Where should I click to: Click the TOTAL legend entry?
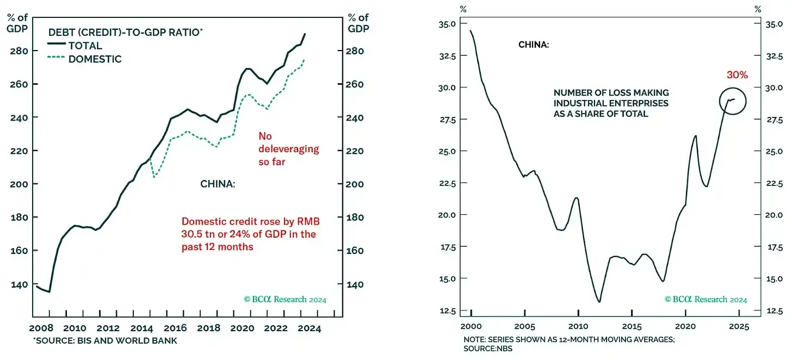point(85,46)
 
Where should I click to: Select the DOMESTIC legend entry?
point(95,59)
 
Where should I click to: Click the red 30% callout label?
point(737,75)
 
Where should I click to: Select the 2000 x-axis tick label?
point(471,327)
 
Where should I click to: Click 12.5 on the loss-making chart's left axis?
point(446,311)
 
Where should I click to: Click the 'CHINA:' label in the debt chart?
point(218,184)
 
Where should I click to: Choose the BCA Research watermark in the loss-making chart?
point(706,299)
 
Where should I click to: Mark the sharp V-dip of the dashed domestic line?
point(155,176)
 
